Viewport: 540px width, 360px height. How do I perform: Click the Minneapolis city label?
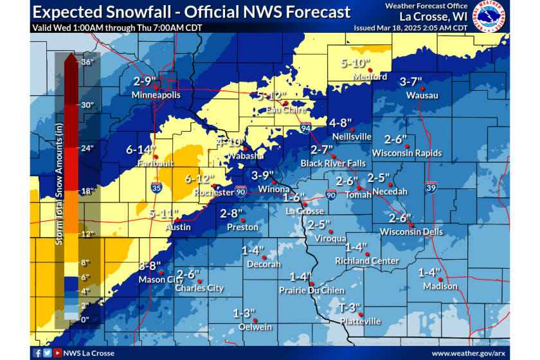point(156,95)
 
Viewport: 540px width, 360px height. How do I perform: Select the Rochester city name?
point(214,193)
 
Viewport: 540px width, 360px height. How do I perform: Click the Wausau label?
point(422,96)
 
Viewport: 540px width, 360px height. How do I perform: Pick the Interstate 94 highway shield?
point(306,129)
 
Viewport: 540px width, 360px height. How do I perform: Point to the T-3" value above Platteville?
point(350,308)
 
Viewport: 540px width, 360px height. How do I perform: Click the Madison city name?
point(440,286)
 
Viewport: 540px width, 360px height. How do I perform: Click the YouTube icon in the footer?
point(59,353)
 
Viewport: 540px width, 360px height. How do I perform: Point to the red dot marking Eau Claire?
point(285,103)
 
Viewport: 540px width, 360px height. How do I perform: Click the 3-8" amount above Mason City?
point(152,265)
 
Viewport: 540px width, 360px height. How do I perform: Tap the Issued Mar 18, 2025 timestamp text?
point(411,28)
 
